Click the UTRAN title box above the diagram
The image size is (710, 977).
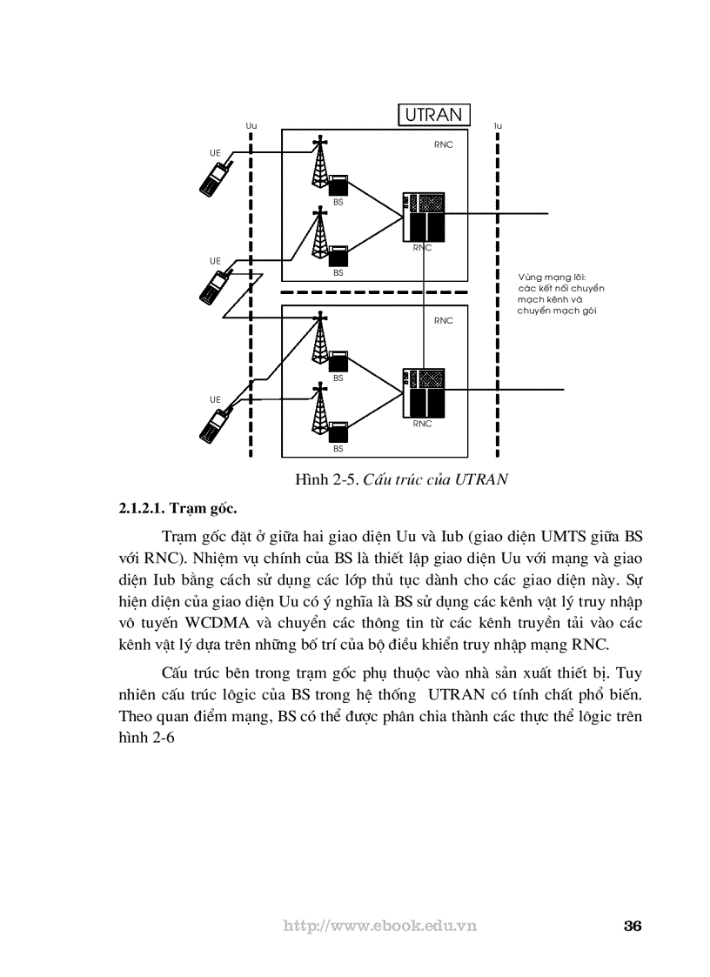click(434, 116)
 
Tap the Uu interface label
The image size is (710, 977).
click(251, 126)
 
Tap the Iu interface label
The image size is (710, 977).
click(498, 126)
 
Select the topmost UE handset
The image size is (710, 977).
click(214, 177)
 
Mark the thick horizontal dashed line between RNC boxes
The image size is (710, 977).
click(374, 293)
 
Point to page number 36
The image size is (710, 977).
click(633, 925)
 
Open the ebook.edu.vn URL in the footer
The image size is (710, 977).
click(380, 926)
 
